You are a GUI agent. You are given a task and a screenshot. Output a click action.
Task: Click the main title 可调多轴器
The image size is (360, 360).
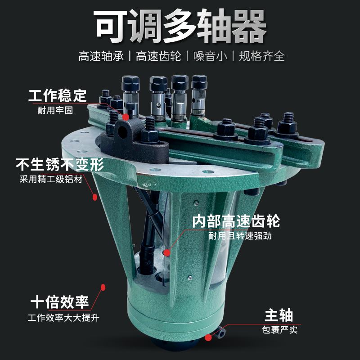[x=180, y=26]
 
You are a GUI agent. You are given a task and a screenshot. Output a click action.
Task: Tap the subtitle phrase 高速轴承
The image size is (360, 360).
[x=101, y=56]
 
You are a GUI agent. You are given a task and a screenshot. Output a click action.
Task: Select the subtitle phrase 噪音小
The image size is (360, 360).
[x=210, y=56]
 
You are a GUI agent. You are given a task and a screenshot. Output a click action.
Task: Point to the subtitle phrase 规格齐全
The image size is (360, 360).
[x=262, y=56]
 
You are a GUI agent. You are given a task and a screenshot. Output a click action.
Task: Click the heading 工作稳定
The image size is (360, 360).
[x=58, y=96]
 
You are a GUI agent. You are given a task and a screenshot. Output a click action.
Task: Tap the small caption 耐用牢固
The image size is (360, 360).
[x=55, y=110]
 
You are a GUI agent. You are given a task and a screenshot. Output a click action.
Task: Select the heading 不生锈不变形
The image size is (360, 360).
[x=60, y=164]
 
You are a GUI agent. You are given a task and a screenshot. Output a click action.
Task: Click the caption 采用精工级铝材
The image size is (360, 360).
[x=51, y=179]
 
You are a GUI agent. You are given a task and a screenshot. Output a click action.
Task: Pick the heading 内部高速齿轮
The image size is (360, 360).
[x=236, y=221]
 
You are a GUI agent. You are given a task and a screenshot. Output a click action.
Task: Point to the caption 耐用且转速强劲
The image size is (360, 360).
[x=240, y=236]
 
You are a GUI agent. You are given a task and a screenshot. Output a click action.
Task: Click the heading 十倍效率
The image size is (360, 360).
[x=60, y=302]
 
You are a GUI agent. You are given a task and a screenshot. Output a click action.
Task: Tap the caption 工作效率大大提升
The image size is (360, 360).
[x=63, y=318]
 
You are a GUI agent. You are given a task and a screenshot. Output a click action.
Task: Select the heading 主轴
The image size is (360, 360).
[x=279, y=315]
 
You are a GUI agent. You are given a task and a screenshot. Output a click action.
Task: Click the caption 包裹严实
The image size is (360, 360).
[x=279, y=330]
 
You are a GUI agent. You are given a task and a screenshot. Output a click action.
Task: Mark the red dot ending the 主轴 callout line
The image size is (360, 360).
[x=208, y=337]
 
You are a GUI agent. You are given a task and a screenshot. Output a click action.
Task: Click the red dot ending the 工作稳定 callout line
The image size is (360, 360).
[x=126, y=117]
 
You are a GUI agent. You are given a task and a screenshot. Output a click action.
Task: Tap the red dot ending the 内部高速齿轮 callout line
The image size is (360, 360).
[x=167, y=253]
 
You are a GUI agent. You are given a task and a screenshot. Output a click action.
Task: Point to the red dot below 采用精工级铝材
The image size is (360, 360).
[x=95, y=197]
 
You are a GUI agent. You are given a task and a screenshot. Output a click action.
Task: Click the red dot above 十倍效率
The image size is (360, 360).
[x=103, y=287]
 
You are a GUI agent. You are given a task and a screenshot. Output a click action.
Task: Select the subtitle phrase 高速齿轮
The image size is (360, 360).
[x=158, y=56]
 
